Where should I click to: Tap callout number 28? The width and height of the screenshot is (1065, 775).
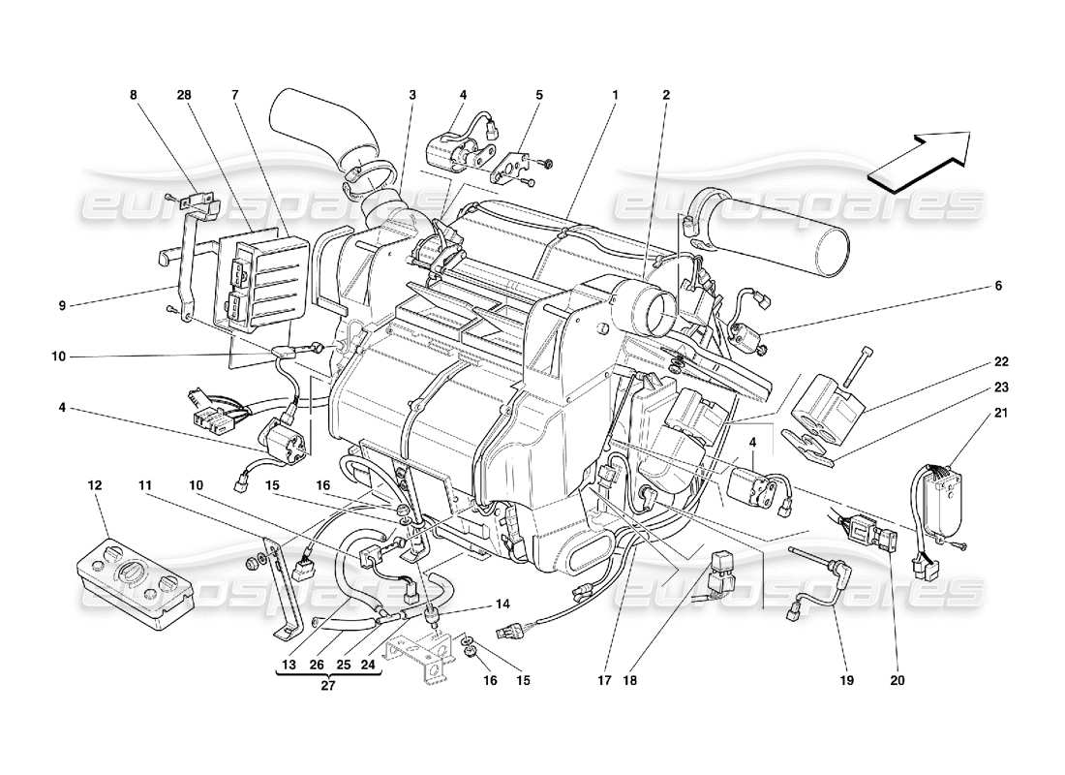coord(184,95)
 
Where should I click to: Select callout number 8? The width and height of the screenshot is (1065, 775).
coord(134,95)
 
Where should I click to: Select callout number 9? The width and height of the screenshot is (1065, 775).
coord(61,306)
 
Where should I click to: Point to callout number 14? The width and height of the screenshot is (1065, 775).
coord(502,604)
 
